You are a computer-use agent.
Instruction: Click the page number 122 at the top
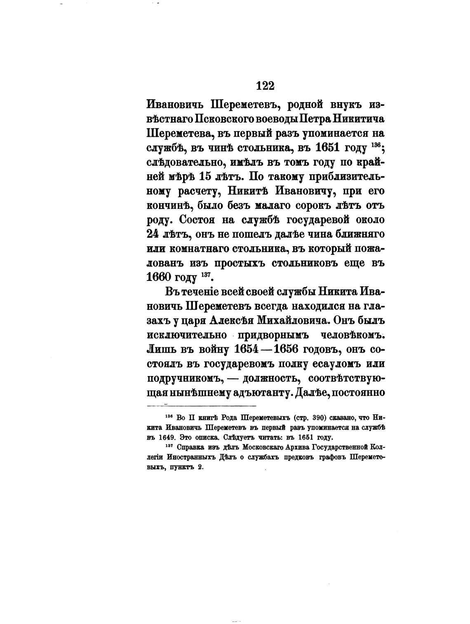point(265,86)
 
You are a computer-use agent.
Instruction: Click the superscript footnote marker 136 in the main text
point(375,145)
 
